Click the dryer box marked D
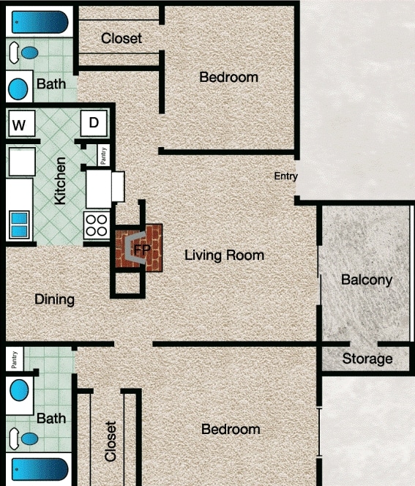[94, 123]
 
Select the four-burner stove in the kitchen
[97, 225]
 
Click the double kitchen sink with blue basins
[19, 225]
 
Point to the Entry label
[286, 176]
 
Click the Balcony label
[367, 280]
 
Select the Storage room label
[367, 359]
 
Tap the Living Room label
[224, 255]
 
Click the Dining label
[54, 299]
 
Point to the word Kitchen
[61, 181]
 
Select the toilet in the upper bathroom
[28, 53]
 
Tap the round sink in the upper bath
[18, 89]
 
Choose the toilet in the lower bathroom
[28, 438]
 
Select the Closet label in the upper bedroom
[121, 38]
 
